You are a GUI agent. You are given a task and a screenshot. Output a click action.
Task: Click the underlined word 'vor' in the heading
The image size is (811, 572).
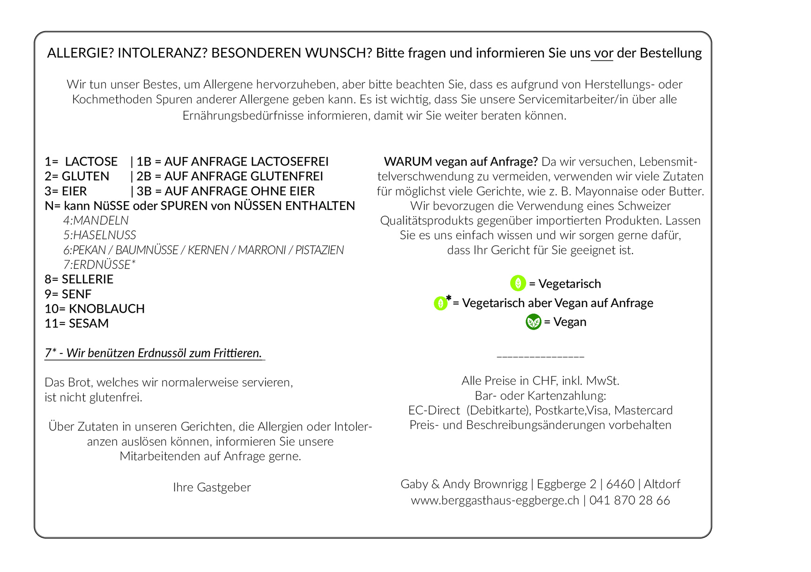tap(603, 53)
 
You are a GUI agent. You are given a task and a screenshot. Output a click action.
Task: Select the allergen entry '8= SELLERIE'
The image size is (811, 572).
tap(79, 279)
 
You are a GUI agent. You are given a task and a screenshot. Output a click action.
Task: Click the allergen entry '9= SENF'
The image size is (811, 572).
tap(68, 294)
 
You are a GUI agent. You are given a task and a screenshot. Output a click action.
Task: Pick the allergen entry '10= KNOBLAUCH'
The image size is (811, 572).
tap(95, 309)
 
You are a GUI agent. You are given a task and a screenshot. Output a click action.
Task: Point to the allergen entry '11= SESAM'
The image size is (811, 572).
tap(76, 324)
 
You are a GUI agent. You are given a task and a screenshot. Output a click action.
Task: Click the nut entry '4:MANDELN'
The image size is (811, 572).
tap(96, 220)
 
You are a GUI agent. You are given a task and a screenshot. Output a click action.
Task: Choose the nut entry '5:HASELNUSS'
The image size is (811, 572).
tap(100, 235)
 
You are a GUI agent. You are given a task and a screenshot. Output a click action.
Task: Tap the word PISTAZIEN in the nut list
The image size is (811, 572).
tap(319, 250)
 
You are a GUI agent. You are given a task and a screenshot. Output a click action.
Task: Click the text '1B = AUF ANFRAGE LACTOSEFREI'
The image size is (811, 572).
tap(232, 162)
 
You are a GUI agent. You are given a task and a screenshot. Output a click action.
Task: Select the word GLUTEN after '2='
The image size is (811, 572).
tap(85, 176)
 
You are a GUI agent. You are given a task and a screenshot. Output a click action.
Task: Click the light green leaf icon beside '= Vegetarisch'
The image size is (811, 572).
tap(518, 283)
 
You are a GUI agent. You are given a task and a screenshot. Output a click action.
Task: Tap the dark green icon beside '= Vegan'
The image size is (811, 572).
tap(533, 322)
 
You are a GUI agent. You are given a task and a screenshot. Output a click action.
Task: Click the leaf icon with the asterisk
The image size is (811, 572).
tap(440, 303)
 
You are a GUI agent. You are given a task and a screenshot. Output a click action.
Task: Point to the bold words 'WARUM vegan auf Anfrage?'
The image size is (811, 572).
tap(461, 162)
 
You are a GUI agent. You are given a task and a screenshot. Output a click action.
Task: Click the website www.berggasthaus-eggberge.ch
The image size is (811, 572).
tap(495, 500)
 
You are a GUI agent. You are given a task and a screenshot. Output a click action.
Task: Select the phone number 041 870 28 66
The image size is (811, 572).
tap(630, 500)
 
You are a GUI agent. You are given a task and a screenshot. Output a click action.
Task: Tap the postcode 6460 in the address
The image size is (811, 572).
tap(620, 484)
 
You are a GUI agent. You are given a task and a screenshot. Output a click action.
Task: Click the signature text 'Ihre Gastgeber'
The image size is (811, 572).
tap(212, 488)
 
